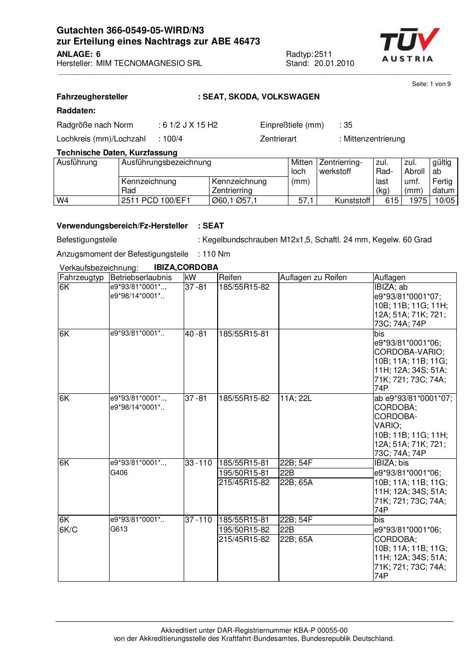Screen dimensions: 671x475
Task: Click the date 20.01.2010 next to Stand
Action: (334, 64)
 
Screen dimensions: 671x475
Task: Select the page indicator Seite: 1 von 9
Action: (431, 84)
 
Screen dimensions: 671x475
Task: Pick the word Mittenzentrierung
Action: (374, 139)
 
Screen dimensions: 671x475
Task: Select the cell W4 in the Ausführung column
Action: (63, 201)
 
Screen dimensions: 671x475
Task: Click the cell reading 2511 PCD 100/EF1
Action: (156, 201)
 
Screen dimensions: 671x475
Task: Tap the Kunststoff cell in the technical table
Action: (353, 201)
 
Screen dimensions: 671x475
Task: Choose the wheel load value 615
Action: (392, 201)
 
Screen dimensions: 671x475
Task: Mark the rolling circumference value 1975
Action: (418, 201)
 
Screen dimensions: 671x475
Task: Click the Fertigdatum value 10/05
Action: (444, 201)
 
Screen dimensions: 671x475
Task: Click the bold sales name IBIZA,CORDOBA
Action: (186, 268)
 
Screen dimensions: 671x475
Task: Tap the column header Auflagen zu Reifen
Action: (313, 278)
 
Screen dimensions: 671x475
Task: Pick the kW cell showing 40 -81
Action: (196, 334)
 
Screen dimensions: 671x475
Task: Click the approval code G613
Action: (119, 530)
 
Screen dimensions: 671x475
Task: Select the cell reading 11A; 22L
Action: (296, 399)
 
